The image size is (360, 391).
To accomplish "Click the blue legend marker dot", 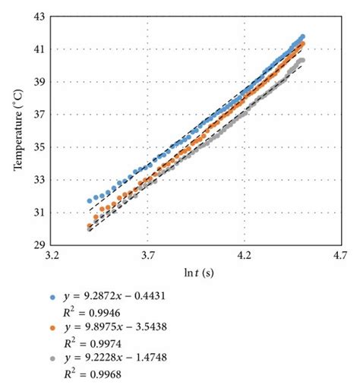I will point(51,297).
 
